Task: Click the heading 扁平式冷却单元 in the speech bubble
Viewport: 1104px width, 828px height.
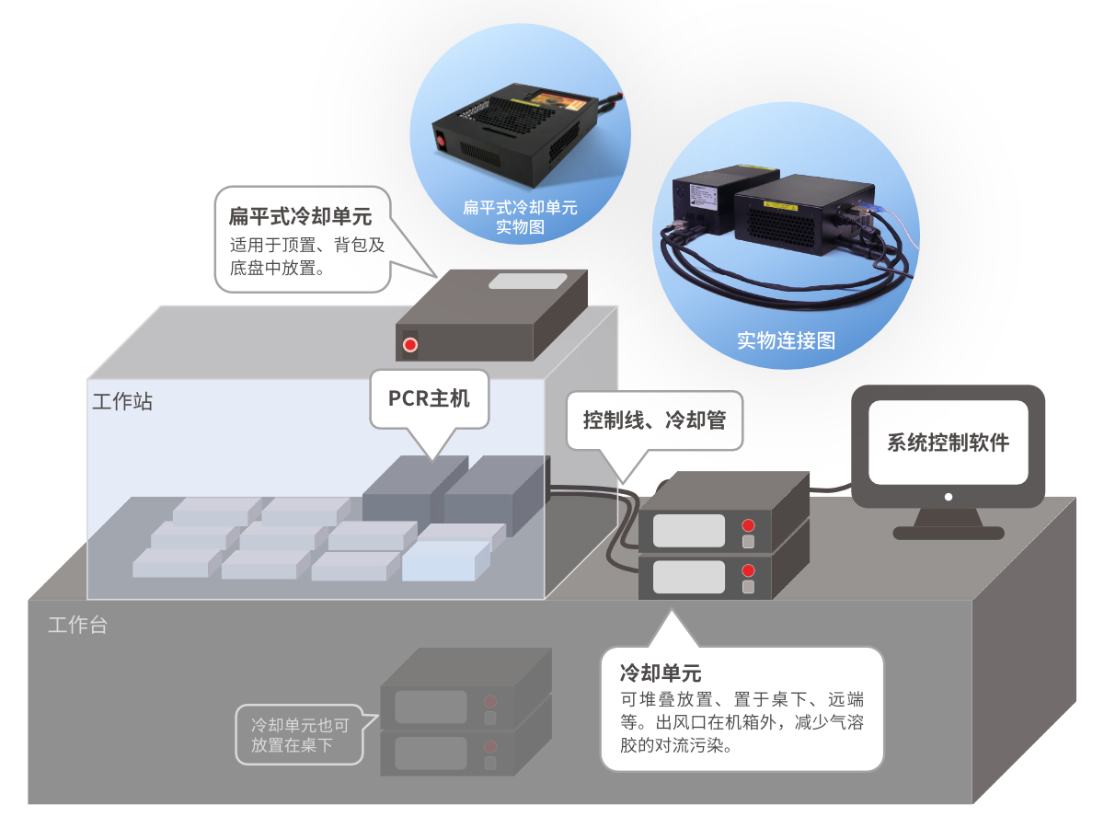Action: [300, 217]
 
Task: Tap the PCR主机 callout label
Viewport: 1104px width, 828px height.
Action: [429, 398]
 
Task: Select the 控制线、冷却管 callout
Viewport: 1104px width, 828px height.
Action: [654, 420]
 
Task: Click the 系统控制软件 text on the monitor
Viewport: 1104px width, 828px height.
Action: [948, 443]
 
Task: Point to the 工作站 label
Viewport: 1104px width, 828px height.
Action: [122, 402]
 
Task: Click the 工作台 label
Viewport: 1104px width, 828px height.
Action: [77, 626]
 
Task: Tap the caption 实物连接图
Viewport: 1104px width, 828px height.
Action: [786, 340]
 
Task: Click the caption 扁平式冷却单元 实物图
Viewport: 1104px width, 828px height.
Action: [520, 217]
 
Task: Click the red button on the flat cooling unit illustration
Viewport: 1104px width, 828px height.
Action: [410, 346]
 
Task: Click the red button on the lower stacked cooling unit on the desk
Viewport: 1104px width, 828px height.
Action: [748, 570]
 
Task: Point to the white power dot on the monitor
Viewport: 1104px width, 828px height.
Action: [949, 498]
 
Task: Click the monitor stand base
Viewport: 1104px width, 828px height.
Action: [949, 532]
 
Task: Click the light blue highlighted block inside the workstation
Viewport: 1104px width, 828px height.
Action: [445, 560]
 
